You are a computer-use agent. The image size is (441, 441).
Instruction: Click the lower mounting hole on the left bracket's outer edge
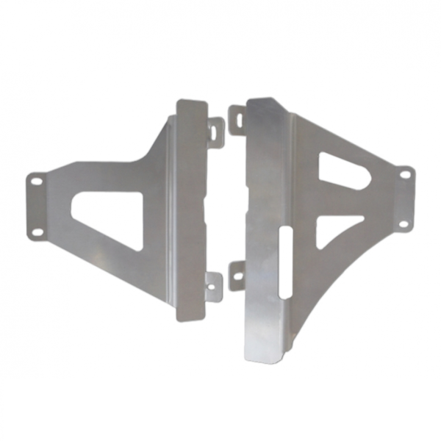36,232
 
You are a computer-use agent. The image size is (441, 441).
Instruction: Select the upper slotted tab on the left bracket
215,131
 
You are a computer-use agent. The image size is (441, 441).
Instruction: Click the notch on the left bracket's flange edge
204,212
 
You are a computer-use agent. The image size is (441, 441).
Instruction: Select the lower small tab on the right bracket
237,276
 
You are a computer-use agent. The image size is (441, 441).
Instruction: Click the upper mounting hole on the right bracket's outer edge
404,174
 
